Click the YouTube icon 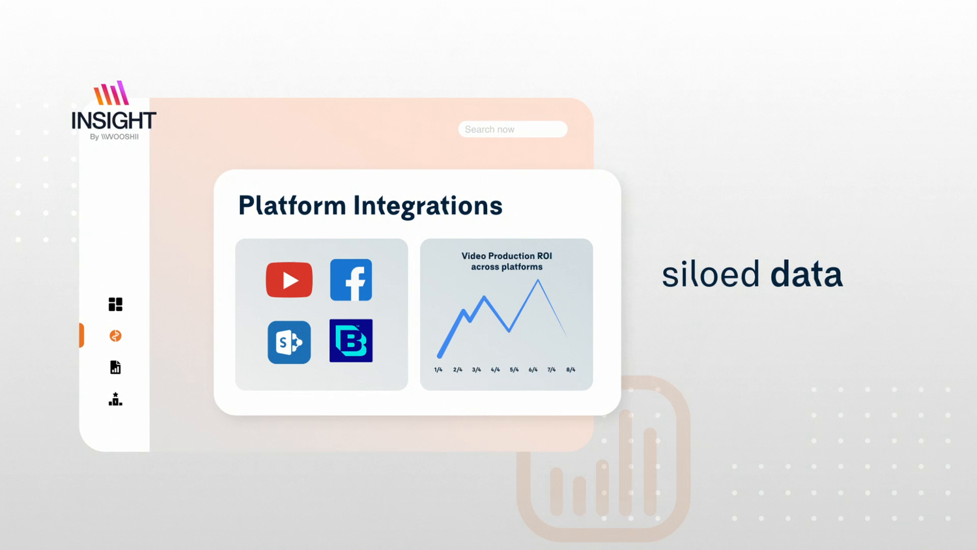[x=289, y=280]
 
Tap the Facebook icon [x=351, y=280]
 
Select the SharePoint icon [x=289, y=342]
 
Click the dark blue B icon [x=351, y=340]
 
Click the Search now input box [x=513, y=129]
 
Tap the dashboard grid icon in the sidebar [x=115, y=304]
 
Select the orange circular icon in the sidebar [x=115, y=336]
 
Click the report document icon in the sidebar [x=115, y=367]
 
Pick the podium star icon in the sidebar [x=115, y=399]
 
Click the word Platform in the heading [x=292, y=205]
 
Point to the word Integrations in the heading [x=428, y=206]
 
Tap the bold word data [x=806, y=274]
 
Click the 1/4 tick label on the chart [x=438, y=369]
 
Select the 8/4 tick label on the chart [x=571, y=369]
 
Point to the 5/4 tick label [x=515, y=369]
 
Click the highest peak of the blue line [x=538, y=280]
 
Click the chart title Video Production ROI [x=507, y=256]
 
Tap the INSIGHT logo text [x=114, y=121]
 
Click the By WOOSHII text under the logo [x=114, y=137]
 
